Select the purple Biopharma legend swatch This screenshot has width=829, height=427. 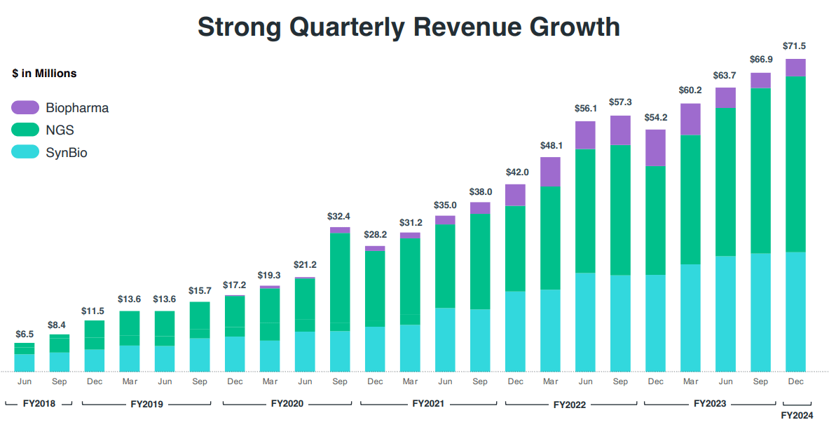click(x=25, y=107)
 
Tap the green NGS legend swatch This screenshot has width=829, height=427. click(x=25, y=130)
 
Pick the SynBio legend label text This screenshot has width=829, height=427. click(x=67, y=152)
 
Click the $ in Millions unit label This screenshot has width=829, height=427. click(x=44, y=73)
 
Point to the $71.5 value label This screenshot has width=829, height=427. click(x=795, y=46)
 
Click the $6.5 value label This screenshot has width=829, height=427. click(x=25, y=334)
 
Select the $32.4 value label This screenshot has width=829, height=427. click(x=340, y=217)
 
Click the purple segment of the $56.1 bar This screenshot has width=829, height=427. click(x=585, y=135)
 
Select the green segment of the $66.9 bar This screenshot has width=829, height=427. click(x=760, y=170)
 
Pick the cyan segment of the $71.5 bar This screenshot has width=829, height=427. click(x=795, y=311)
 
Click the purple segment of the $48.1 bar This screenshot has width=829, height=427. click(x=550, y=172)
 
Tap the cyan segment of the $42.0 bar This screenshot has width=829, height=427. click(x=515, y=331)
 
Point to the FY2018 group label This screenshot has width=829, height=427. click(x=39, y=404)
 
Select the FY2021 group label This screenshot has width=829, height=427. click(x=427, y=404)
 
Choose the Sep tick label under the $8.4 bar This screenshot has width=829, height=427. click(x=60, y=381)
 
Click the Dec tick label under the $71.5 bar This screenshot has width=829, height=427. click(x=795, y=381)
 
